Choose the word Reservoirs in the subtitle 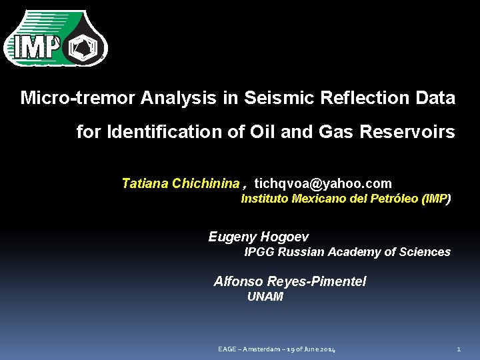click(x=407, y=132)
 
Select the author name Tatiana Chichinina click(x=180, y=183)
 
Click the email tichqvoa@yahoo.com click(x=323, y=183)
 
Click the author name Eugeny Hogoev click(x=259, y=237)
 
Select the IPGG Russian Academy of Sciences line click(x=347, y=252)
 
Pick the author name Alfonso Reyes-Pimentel click(x=290, y=281)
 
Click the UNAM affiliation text click(x=265, y=297)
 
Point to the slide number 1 click(x=459, y=350)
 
